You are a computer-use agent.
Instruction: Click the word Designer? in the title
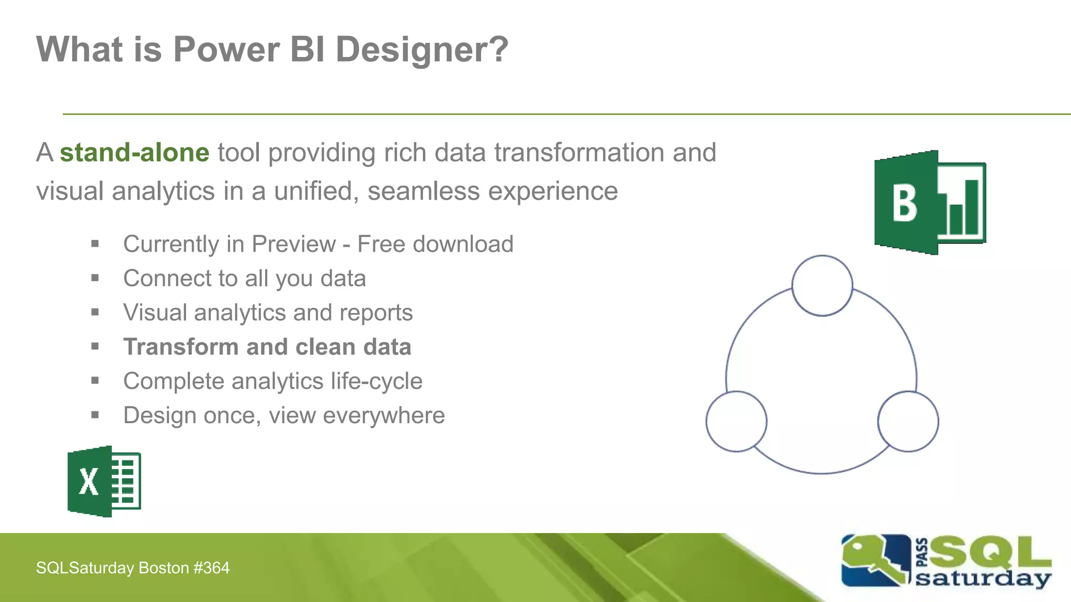[421, 50]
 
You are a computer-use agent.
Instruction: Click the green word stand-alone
[134, 153]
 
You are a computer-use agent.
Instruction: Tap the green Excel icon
[104, 481]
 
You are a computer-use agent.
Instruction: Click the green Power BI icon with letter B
[930, 203]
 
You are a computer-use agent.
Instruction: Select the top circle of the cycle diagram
[822, 286]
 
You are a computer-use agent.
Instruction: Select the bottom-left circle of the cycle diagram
[736, 421]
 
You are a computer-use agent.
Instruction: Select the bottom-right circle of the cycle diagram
[908, 421]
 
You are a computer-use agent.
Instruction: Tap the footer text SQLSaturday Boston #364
[133, 568]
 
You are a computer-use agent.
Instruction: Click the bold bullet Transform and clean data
[267, 347]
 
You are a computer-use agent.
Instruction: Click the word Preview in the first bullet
[293, 244]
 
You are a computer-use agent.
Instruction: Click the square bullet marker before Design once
[95, 415]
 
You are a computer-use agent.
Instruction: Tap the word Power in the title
[226, 50]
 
